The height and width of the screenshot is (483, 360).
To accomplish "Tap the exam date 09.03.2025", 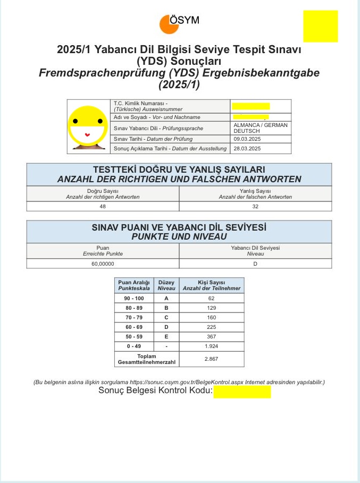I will [247, 139].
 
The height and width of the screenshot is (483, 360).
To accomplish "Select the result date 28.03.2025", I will [247, 149].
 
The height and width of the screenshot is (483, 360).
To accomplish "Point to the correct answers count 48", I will [103, 206].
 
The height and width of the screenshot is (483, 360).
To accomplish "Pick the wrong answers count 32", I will [255, 206].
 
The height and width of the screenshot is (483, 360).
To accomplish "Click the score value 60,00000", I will [103, 264].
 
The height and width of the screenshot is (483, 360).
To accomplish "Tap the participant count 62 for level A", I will [211, 299].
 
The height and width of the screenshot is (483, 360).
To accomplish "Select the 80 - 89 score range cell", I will [134, 308].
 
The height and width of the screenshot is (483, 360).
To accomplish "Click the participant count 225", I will [211, 327].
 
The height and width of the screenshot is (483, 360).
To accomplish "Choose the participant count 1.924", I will [211, 346].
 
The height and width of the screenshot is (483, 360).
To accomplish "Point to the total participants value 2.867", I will [211, 359].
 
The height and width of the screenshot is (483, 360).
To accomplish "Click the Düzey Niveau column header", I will [166, 285].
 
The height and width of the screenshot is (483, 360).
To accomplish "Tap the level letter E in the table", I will [166, 337].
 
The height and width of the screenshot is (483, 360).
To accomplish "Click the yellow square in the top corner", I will [320, 26].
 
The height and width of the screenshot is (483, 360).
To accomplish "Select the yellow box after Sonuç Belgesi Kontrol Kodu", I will [242, 392].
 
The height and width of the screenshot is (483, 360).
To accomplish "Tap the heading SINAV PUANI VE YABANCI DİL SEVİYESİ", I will [179, 227].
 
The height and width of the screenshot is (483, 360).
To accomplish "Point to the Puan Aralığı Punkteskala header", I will [134, 285].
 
